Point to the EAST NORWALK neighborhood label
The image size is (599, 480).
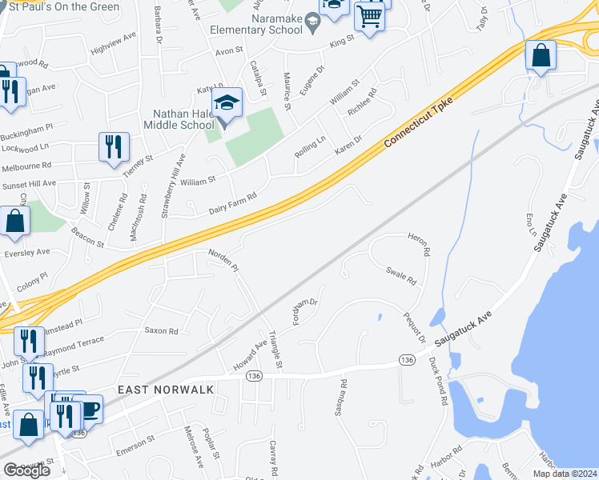pyautogui.click(x=166, y=389)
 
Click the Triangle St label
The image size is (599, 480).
pyautogui.click(x=275, y=350)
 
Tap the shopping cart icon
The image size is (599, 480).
pyautogui.click(x=369, y=15)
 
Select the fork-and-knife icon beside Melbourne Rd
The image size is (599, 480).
pyautogui.click(x=114, y=146)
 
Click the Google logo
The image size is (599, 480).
pyautogui.click(x=26, y=470)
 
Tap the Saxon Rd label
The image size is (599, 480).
pyautogui.click(x=160, y=330)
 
